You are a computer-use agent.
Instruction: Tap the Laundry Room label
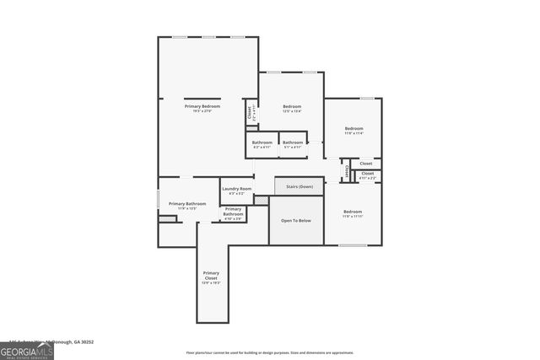(237, 189)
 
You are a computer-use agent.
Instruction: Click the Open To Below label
(296, 220)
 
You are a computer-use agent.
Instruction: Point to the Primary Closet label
(211, 275)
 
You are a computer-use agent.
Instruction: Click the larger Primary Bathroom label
(187, 204)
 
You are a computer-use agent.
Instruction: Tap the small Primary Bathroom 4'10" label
(234, 212)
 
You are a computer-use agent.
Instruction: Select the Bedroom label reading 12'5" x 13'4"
(292, 106)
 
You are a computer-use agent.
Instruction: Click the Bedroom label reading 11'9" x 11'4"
(354, 128)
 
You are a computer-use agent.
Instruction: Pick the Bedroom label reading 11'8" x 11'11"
(353, 212)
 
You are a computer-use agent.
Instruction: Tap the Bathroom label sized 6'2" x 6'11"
(262, 142)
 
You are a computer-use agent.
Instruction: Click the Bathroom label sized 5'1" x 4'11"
(293, 142)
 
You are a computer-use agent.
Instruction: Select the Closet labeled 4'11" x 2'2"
(368, 175)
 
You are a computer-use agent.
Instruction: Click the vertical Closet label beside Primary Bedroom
(249, 111)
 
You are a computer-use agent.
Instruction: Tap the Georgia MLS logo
(26, 350)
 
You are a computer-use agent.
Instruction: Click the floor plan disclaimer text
(269, 352)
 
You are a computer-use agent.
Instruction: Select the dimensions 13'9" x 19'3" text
(211, 282)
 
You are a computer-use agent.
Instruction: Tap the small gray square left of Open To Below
(262, 200)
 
